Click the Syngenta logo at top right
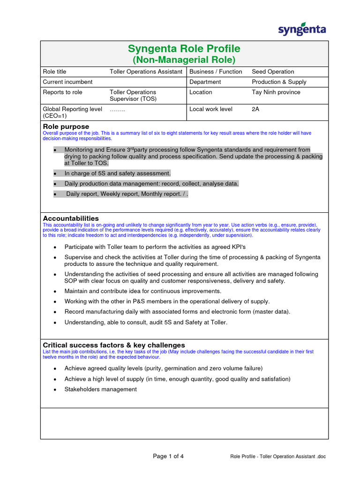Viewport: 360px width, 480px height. click(x=302, y=29)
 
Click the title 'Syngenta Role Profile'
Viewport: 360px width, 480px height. click(x=184, y=49)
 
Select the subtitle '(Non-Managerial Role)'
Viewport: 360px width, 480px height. click(x=184, y=60)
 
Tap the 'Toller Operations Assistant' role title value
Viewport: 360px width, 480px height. click(x=146, y=72)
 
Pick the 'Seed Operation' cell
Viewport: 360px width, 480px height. click(x=273, y=72)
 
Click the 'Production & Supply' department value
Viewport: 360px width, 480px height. click(x=279, y=82)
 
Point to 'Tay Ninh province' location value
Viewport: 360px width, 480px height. click(x=276, y=92)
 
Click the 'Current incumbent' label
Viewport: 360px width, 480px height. click(x=67, y=82)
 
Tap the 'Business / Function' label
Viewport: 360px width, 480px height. click(x=216, y=72)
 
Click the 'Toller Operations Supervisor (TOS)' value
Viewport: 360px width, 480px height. click(x=133, y=96)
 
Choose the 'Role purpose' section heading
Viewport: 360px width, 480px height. click(x=66, y=127)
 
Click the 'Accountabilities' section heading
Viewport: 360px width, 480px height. click(x=71, y=218)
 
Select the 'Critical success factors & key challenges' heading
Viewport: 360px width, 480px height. click(x=114, y=345)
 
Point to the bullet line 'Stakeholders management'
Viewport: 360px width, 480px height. click(x=100, y=390)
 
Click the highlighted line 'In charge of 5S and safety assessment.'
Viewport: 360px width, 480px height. click(x=117, y=173)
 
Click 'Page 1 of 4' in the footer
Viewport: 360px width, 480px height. click(x=168, y=457)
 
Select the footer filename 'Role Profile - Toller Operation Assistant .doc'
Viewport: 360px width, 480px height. click(x=277, y=457)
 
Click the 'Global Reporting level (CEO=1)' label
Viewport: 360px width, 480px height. click(x=72, y=112)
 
